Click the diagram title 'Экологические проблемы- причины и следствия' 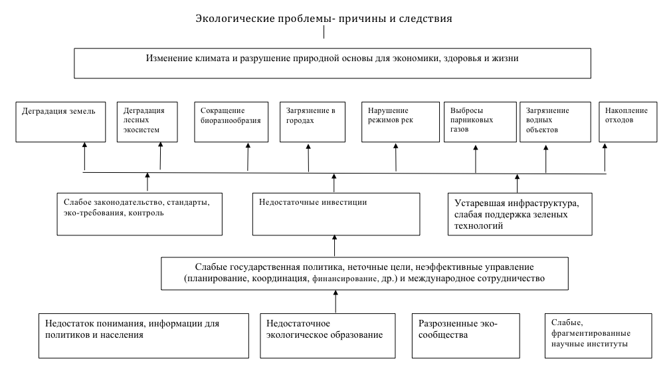[324, 19]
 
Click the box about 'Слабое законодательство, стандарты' [138, 213]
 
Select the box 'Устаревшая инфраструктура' [518, 213]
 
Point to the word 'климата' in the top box [208, 59]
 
